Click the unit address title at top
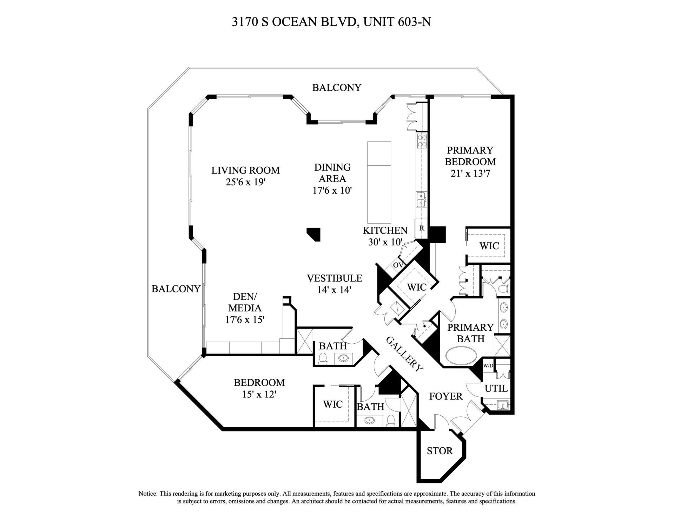point(331,22)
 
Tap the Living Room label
point(245,171)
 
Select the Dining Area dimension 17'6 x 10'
point(332,191)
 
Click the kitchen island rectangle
point(379,182)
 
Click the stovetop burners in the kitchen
point(422,140)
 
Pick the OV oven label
point(397,265)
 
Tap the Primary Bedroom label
point(470,156)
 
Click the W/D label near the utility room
point(488,365)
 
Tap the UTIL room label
point(496,389)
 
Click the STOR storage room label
point(440,451)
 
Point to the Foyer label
point(446,396)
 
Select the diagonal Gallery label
point(404,354)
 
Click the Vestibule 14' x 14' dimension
point(334,290)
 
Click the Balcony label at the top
point(337,87)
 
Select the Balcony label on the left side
point(176,289)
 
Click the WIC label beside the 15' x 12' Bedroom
point(332,404)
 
